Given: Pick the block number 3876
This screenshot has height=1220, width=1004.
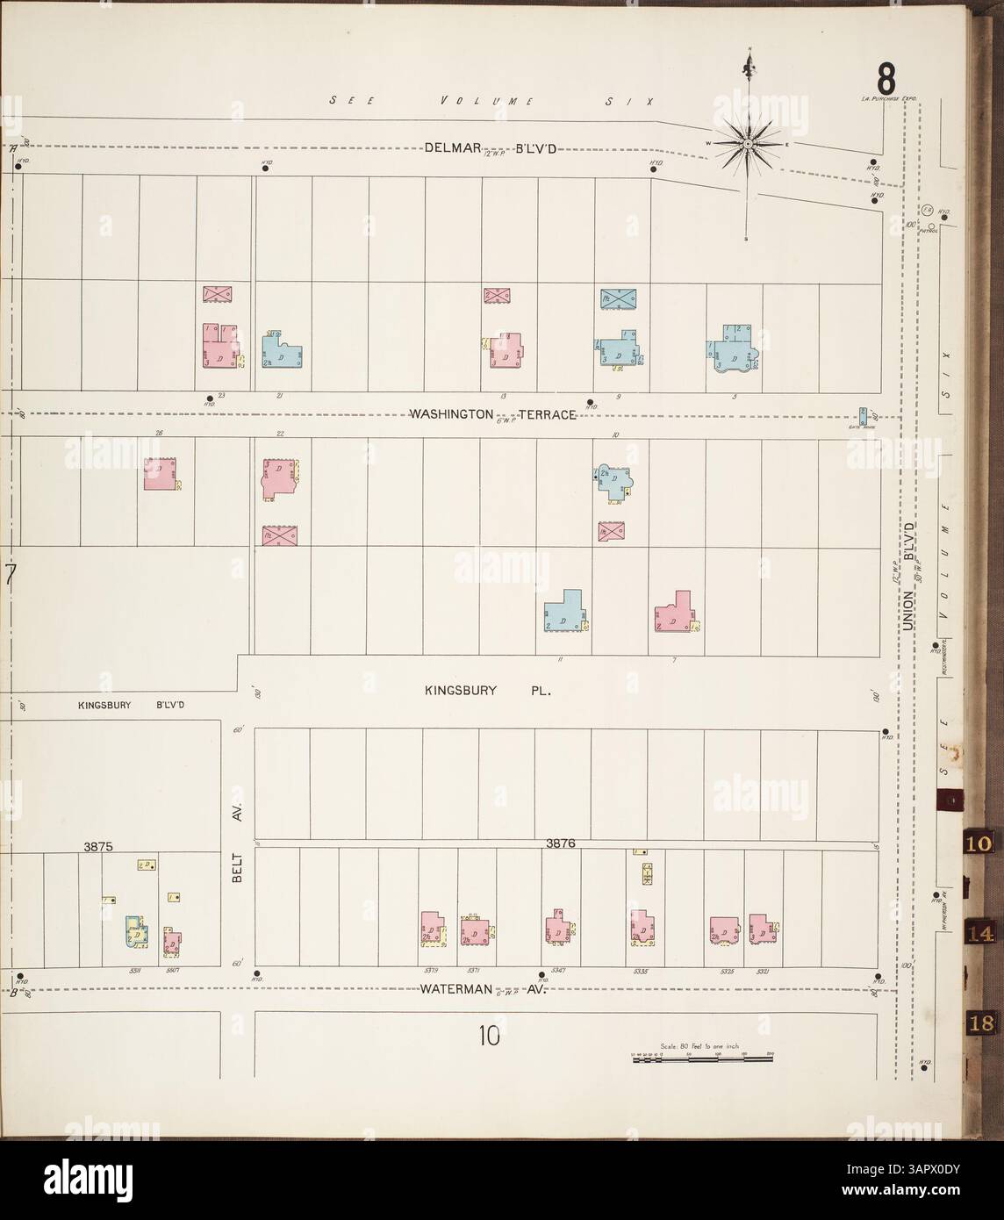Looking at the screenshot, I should tap(559, 843).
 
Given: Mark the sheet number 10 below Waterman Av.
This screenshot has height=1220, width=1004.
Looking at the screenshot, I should tap(489, 1037).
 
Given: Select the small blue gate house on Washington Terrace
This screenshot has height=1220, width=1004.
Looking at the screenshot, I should tap(863, 415).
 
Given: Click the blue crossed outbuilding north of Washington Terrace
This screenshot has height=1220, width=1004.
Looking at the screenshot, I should tap(619, 298).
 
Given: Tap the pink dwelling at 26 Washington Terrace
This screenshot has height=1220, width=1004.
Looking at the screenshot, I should tap(161, 473).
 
